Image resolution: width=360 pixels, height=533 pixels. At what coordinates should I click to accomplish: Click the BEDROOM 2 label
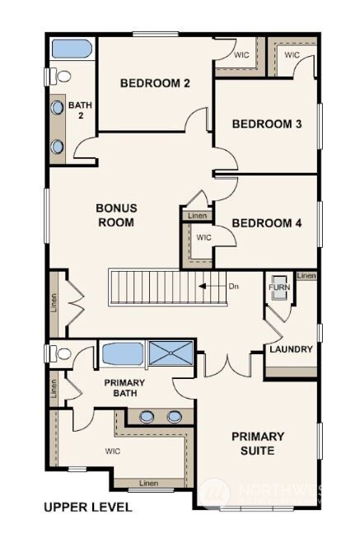[x=156, y=82]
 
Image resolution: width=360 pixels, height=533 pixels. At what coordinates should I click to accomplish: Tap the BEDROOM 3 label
[x=266, y=124]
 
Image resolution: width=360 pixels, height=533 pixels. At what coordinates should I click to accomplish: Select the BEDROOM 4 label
[x=266, y=222]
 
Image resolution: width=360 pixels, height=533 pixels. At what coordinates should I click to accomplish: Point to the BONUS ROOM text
[x=116, y=215]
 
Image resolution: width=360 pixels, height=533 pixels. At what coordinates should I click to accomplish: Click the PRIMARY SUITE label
[x=257, y=443]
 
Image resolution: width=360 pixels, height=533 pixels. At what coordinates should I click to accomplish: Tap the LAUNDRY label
[x=291, y=349]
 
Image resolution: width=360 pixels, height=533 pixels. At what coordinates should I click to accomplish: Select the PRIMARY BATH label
[x=124, y=388]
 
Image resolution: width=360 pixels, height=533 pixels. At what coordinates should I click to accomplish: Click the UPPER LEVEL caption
[x=86, y=507]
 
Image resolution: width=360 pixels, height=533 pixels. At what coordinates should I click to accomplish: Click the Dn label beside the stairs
[x=234, y=287]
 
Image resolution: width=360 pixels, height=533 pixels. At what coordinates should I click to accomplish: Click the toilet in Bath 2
[x=60, y=76]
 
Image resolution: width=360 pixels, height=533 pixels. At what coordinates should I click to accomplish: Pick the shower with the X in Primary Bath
[x=171, y=354]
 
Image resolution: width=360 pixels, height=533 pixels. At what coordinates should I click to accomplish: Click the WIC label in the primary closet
[x=113, y=451]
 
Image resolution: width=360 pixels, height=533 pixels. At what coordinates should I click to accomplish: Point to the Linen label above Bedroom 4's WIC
[x=197, y=216]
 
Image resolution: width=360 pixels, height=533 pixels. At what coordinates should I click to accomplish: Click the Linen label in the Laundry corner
[x=306, y=276]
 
